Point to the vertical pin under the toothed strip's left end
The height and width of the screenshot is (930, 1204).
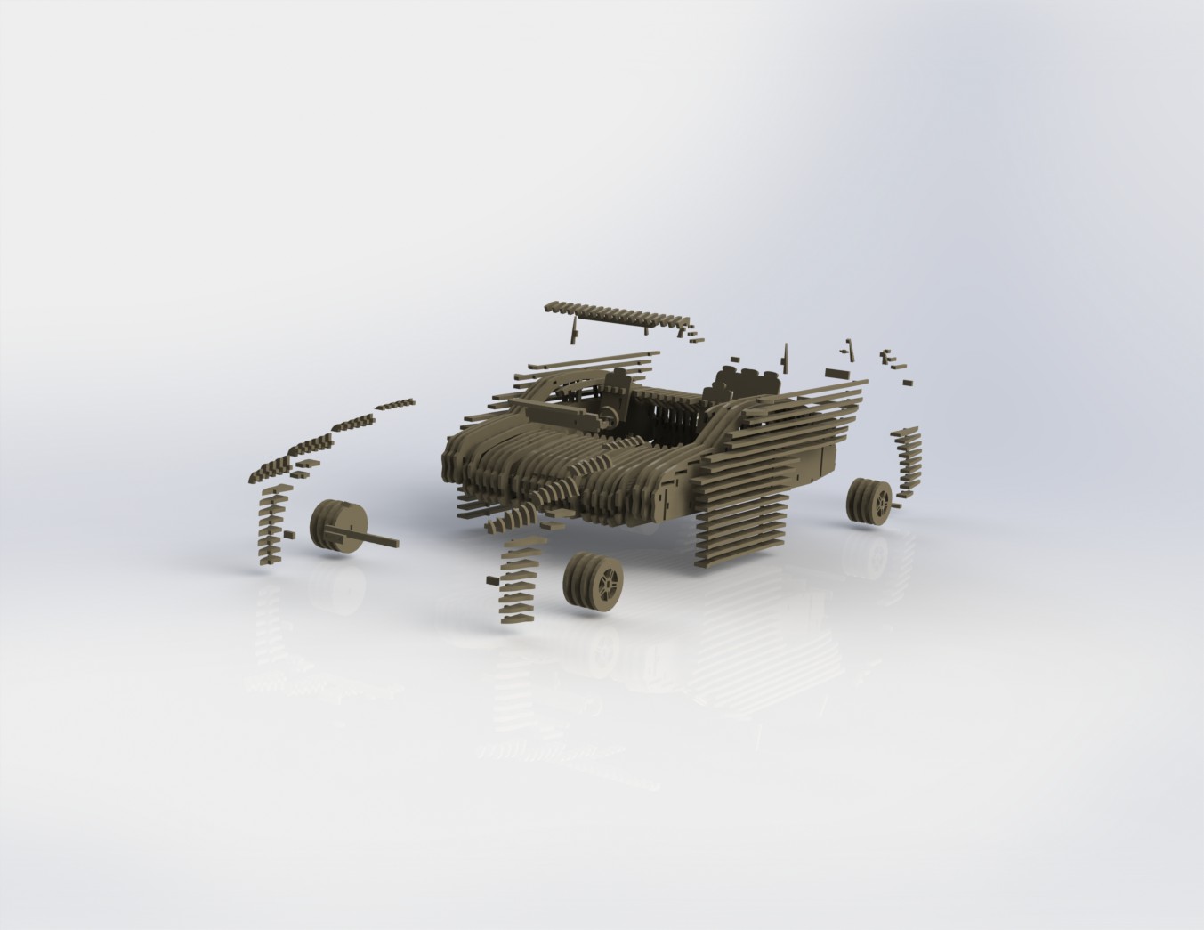tap(575, 331)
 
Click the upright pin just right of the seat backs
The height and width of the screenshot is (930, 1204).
tap(785, 357)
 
